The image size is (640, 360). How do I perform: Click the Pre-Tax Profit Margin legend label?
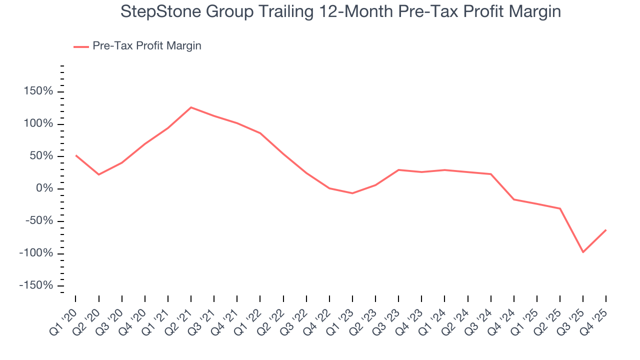(x=146, y=46)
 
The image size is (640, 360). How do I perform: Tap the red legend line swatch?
(x=81, y=46)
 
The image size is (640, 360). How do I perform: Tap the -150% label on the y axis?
(x=35, y=285)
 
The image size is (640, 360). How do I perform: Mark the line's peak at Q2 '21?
(x=191, y=107)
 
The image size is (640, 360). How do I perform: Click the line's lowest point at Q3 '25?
(x=583, y=252)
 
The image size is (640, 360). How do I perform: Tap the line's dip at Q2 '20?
(x=98, y=174)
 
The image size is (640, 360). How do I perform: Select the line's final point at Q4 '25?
(x=606, y=230)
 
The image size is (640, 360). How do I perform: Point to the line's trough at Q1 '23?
(x=352, y=193)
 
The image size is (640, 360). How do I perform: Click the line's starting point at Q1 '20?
(x=76, y=155)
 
